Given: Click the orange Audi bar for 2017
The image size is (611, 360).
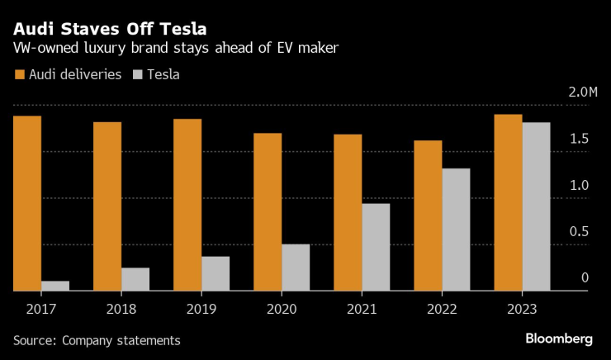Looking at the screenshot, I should tap(27, 203).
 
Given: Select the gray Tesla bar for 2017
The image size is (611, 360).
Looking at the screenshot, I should tap(55, 286).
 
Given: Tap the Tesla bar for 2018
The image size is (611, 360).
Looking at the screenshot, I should tap(135, 279).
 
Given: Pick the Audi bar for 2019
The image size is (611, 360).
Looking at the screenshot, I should tap(187, 205).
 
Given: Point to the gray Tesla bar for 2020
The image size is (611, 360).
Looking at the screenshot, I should tap(296, 268).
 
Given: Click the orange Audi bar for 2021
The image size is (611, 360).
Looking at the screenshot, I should tap(348, 212).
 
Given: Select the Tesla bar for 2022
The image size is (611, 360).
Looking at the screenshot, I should tap(456, 230).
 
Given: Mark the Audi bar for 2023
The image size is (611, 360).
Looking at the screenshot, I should tap(508, 202).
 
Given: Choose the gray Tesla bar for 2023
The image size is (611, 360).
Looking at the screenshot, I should tap(536, 206).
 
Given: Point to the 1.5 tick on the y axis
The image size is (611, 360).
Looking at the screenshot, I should tap(579, 138).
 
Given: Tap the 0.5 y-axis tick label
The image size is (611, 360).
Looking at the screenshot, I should tap(579, 231).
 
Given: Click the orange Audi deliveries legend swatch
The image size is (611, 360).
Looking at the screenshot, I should tap(19, 74).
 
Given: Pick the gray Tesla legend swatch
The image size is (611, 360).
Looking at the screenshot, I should tap(137, 74).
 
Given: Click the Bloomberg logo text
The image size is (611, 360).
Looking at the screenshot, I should tap(559, 339).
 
